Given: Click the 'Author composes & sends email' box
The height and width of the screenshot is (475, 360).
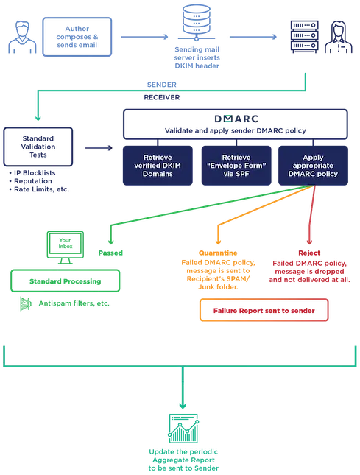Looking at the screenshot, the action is (77, 37).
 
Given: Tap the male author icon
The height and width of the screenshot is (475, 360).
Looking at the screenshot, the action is (22, 38).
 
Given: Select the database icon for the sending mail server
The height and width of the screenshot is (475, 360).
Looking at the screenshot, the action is (197, 22).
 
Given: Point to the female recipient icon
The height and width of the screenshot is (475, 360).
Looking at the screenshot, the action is (339, 37).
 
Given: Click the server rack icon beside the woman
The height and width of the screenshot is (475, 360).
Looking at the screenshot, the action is (304, 37).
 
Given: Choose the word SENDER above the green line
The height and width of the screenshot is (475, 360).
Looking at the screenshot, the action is (162, 85).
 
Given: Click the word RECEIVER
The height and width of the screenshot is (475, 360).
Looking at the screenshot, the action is (162, 97).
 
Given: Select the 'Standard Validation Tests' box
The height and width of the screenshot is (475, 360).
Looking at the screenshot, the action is (38, 147).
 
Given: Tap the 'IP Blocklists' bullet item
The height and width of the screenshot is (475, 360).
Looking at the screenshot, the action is (32, 173).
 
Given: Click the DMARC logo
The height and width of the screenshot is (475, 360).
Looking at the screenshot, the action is (236, 119).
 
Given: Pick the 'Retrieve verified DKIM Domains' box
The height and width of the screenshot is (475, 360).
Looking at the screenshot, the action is (158, 166).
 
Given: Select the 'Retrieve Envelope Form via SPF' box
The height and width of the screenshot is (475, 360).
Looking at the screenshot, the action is (236, 166).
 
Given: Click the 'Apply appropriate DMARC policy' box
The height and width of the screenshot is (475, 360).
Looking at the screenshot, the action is (313, 166).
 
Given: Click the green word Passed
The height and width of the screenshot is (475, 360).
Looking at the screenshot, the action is (110, 253).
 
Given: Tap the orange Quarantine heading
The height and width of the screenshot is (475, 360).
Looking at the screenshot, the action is (218, 253).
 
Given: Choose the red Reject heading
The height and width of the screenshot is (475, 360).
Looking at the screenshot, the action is (309, 253).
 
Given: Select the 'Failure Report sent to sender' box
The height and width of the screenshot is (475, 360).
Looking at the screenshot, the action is (264, 310).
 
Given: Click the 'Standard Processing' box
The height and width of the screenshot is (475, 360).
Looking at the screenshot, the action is (66, 281).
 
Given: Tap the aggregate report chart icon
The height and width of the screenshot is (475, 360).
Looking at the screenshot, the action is (183, 429).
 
